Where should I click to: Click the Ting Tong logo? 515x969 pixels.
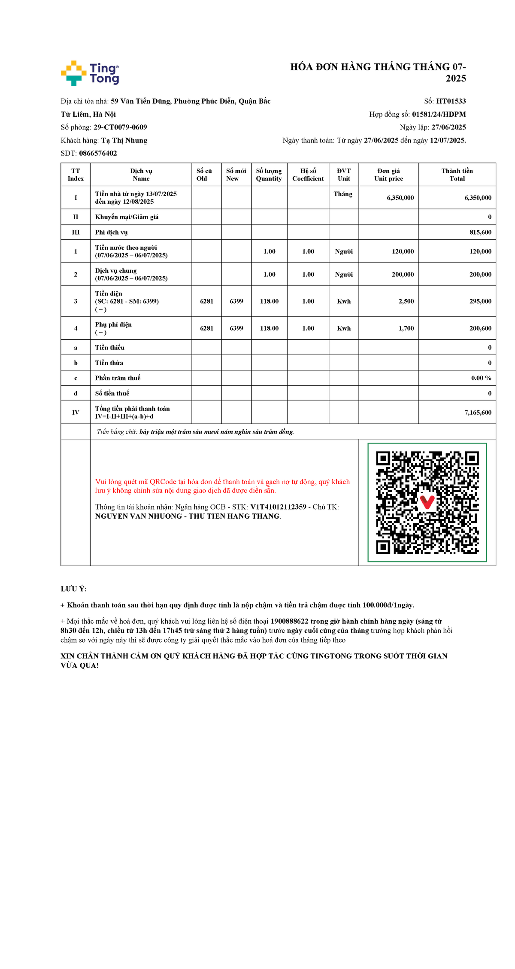90,73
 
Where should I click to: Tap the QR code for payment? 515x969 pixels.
427,502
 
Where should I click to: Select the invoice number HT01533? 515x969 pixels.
451,101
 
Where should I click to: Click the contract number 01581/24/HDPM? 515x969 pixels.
439,114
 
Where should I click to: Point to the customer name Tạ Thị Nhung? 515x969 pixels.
124,140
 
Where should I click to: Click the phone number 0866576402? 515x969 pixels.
98,153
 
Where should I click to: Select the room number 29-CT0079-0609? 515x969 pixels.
120,127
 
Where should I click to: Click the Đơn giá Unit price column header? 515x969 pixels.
388,175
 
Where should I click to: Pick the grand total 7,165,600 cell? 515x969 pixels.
478,413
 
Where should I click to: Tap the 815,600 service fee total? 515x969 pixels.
480,232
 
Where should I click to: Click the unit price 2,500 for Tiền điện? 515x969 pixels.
406,302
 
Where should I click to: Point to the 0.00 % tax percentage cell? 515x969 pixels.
481,378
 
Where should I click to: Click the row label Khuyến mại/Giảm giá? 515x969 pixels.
127,217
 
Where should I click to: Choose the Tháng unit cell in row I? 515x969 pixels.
343,194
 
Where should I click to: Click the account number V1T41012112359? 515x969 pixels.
278,507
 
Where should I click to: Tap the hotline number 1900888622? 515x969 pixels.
289,621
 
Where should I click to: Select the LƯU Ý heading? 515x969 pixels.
74,589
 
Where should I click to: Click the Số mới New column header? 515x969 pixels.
236,175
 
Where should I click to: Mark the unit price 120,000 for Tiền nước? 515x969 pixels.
403,252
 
